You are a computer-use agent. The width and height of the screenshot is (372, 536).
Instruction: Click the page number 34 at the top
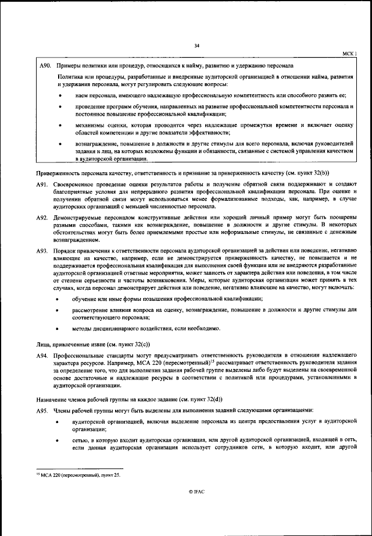pos(196,46)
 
